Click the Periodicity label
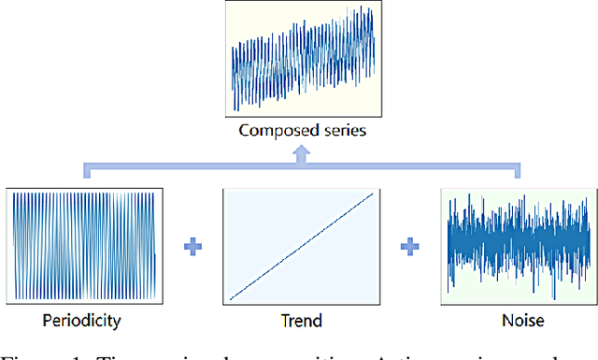(82, 321)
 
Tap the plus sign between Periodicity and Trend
(193, 248)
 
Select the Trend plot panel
(302, 246)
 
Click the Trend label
(301, 321)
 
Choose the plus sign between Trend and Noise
(409, 248)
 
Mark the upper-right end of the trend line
(373, 194)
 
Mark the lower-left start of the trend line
(231, 299)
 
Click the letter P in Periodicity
(48, 321)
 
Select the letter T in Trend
(284, 321)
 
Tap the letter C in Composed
(244, 131)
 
